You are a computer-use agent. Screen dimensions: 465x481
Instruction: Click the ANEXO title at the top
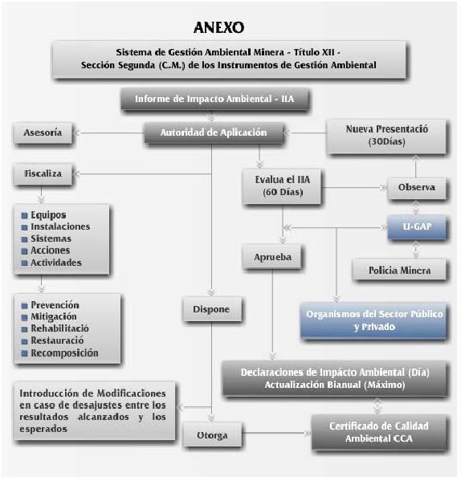tap(218, 27)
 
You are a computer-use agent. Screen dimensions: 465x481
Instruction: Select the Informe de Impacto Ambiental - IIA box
tap(214, 99)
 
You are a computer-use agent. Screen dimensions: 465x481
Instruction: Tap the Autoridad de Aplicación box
tap(214, 132)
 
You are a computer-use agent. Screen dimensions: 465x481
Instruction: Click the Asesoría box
tap(43, 132)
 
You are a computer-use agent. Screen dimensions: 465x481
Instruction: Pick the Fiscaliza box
tap(43, 173)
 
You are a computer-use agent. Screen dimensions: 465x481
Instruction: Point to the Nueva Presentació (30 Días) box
tap(385, 136)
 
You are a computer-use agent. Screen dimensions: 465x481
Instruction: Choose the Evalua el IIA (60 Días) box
tap(282, 186)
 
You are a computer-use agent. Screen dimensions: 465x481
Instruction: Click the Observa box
tap(417, 187)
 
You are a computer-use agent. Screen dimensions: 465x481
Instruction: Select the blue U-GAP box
tap(417, 226)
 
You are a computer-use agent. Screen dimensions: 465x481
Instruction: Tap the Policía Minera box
tap(399, 270)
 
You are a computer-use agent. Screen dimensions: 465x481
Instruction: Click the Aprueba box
tap(272, 257)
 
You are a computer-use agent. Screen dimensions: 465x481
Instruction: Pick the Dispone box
tap(212, 309)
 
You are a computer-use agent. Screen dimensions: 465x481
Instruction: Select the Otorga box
tap(212, 434)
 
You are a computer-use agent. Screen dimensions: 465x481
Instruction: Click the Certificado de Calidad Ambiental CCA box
tap(379, 432)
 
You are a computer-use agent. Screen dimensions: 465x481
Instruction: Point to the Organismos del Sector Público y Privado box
tap(373, 320)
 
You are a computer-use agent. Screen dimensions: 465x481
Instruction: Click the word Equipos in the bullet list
tap(48, 215)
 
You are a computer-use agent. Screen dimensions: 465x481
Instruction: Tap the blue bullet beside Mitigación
tap(24, 317)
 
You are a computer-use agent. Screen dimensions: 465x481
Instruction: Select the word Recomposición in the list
tap(64, 353)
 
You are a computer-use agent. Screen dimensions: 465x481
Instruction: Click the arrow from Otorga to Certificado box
tap(275, 433)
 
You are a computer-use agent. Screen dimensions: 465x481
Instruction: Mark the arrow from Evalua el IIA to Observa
tap(353, 187)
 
